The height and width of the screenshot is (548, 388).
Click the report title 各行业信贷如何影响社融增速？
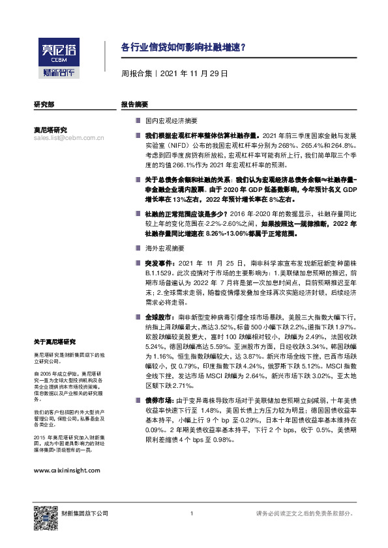tap(183, 48)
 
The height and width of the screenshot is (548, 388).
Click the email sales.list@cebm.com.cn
tap(68, 138)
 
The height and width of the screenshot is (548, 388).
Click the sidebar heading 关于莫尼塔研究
tap(55, 342)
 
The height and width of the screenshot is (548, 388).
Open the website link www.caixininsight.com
tap(67, 470)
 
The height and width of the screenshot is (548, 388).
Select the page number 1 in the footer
tap(191, 514)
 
